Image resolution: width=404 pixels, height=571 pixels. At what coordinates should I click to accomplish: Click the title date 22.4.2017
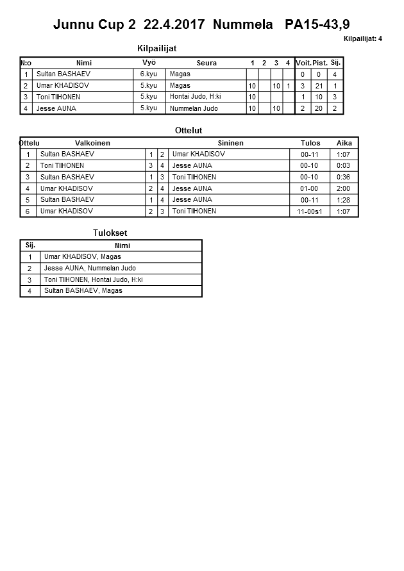pyautogui.click(x=174, y=25)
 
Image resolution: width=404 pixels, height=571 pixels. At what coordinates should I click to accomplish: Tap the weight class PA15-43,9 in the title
pyautogui.click(x=318, y=25)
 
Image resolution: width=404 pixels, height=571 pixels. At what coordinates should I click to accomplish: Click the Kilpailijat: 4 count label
pyautogui.click(x=362, y=38)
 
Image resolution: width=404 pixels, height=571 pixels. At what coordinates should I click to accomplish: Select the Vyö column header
pyautogui.click(x=149, y=62)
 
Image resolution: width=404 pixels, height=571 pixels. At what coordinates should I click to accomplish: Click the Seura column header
pyautogui.click(x=206, y=63)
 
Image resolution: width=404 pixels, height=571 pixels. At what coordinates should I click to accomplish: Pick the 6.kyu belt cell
pyautogui.click(x=149, y=74)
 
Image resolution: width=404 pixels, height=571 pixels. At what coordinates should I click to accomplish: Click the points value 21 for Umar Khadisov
pyautogui.click(x=319, y=86)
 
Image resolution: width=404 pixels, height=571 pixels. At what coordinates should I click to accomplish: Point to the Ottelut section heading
pyautogui.click(x=189, y=130)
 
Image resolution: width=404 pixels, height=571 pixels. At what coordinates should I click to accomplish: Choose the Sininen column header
pyautogui.click(x=230, y=143)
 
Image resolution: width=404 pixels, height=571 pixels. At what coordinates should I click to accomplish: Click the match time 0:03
pyautogui.click(x=343, y=165)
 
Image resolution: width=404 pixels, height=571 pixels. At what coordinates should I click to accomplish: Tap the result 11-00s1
pyautogui.click(x=309, y=211)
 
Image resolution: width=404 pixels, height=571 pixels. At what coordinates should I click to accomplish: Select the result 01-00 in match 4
pyautogui.click(x=309, y=188)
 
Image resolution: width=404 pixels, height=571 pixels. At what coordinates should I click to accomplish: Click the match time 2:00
pyautogui.click(x=343, y=188)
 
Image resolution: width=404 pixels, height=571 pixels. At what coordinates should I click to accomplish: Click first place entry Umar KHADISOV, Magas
pyautogui.click(x=83, y=257)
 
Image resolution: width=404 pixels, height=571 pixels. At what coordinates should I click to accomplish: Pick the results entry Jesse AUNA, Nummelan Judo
pyautogui.click(x=90, y=269)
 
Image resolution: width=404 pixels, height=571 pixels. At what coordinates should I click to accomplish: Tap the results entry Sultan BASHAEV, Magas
pyautogui.click(x=83, y=291)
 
